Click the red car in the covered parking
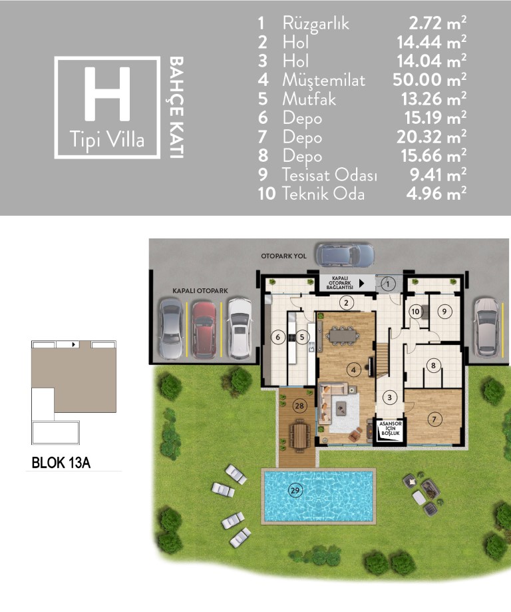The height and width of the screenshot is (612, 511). click(x=204, y=330)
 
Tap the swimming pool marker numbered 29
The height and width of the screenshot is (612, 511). click(x=295, y=490)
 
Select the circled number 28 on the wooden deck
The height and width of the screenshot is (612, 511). click(x=299, y=406)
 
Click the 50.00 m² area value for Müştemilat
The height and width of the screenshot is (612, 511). click(x=429, y=80)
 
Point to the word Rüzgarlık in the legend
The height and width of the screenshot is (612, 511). click(x=315, y=24)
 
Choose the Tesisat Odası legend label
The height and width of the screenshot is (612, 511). click(x=329, y=174)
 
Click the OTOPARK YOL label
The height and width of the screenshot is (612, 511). click(x=283, y=256)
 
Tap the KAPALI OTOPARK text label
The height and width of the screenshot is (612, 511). click(x=200, y=291)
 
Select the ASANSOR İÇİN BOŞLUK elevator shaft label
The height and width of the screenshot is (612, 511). click(x=391, y=428)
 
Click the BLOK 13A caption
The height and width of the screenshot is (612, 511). click(x=61, y=463)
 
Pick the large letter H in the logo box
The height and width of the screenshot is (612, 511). click(x=107, y=94)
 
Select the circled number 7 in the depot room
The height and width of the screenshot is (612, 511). click(x=434, y=420)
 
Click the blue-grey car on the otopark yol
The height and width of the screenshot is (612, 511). click(x=345, y=255)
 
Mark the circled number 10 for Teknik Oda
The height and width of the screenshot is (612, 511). click(x=415, y=312)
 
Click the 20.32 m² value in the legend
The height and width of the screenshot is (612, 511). click(x=431, y=137)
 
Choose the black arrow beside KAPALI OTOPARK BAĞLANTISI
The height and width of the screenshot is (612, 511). click(x=361, y=283)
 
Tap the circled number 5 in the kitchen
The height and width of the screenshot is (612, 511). click(x=301, y=337)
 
